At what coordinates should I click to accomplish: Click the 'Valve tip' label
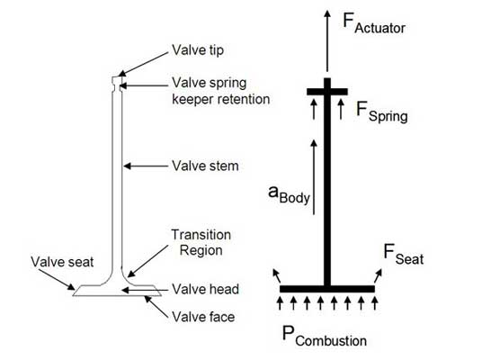198,50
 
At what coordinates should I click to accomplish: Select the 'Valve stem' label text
205,166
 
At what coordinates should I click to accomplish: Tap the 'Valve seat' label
62,262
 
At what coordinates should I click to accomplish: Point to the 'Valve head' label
205,289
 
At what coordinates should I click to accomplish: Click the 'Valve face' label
203,317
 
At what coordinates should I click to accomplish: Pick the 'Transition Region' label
201,242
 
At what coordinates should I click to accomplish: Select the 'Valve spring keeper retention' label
220,91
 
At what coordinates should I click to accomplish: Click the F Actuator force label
374,23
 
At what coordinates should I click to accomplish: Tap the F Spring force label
382,112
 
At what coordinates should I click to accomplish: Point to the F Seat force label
403,255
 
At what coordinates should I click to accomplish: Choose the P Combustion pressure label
325,336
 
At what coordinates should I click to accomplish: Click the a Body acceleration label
289,194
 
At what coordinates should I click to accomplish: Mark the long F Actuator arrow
327,40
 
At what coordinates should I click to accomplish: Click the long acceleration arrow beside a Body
314,177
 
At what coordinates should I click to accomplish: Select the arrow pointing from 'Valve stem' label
146,166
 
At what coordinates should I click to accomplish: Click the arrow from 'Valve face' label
156,307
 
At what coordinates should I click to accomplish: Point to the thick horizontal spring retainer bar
327,92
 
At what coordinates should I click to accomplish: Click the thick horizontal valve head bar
327,289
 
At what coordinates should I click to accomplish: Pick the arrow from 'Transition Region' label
147,261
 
